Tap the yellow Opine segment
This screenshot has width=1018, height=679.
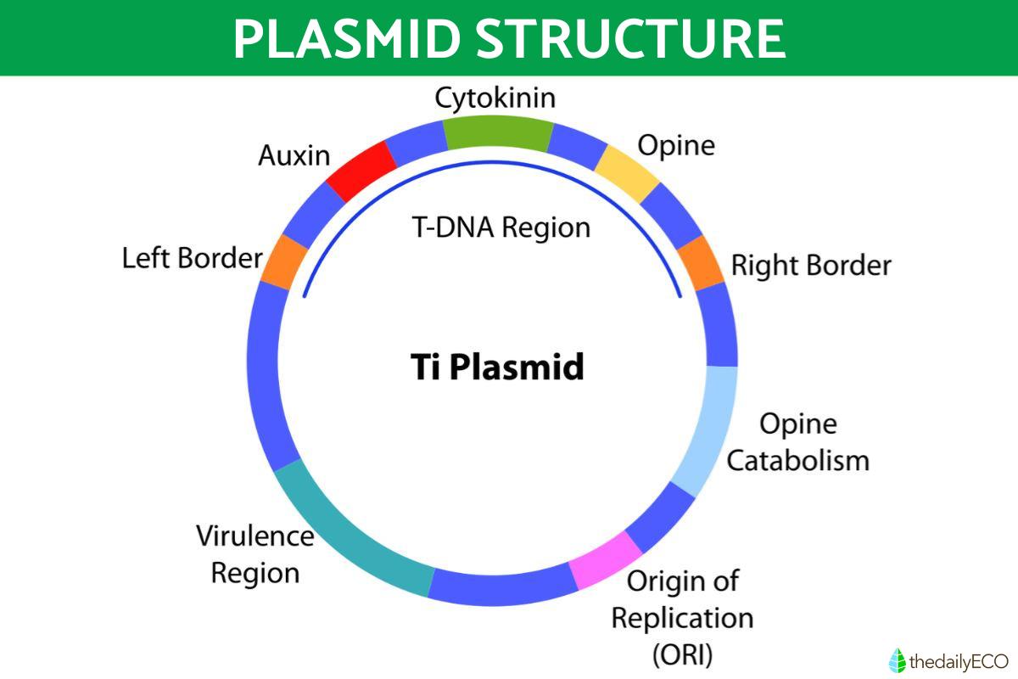[628, 171]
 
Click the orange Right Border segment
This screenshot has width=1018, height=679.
[702, 262]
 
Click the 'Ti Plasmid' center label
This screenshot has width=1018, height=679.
[497, 368]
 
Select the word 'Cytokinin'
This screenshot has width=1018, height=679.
[495, 98]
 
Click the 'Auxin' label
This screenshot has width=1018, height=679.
[293, 154]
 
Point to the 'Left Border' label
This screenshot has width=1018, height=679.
[193, 257]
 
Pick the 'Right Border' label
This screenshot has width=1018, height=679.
[811, 266]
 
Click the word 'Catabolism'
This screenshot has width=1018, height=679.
[798, 461]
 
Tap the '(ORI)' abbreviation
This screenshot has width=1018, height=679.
[682, 654]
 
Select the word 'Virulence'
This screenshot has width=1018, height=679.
[255, 536]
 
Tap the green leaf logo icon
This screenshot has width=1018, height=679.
[897, 659]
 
